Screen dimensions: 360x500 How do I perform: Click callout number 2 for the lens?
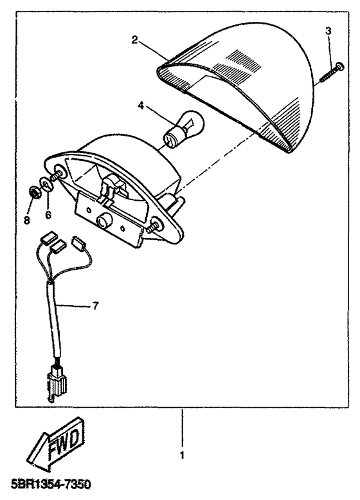[x=135, y=40]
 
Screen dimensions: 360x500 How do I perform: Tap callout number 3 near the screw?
[x=328, y=31]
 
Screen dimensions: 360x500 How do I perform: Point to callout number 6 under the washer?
[x=48, y=215]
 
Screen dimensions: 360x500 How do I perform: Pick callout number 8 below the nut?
[x=28, y=219]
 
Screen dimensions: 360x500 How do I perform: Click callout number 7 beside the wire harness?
[x=95, y=306]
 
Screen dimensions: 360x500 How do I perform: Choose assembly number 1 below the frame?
[x=182, y=456]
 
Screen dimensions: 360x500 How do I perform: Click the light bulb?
[x=184, y=130]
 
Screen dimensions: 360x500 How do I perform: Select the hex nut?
[x=33, y=192]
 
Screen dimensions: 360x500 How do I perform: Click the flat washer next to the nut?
[x=46, y=185]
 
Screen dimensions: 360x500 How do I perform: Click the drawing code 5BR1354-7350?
[x=51, y=485]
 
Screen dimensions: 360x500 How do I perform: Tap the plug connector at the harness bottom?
[x=57, y=384]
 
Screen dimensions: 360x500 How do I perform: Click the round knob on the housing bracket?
[x=104, y=220]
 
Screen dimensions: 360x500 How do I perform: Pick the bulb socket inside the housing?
[x=111, y=189]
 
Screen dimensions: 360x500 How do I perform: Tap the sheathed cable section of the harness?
[x=55, y=320]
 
